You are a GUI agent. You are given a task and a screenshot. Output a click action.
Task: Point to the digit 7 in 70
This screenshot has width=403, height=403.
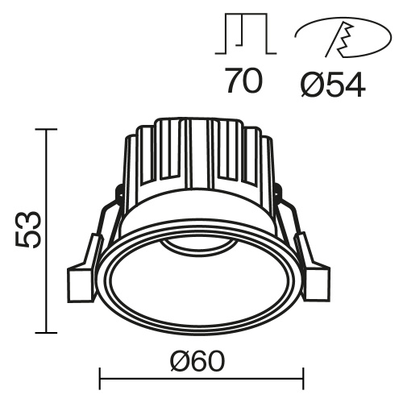(x=235, y=82)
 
